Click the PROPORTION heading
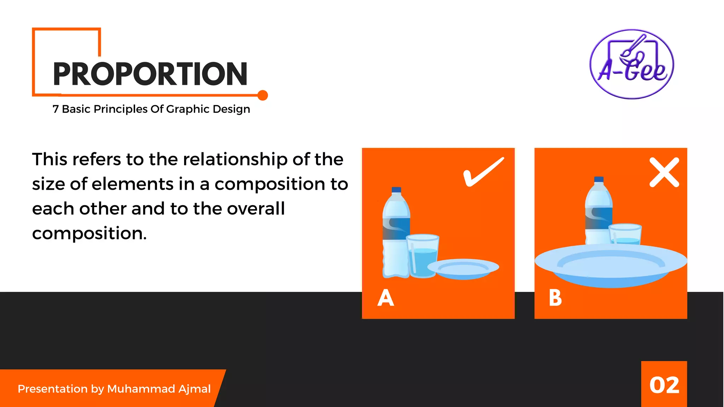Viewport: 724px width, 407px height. coord(150,74)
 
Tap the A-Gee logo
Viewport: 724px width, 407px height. coord(632,64)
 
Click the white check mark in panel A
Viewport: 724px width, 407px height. coord(483,172)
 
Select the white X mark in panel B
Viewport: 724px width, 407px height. coord(664,172)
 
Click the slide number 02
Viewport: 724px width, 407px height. coord(664,385)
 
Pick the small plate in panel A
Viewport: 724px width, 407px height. coord(463,269)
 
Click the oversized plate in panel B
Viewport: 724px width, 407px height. coord(611,265)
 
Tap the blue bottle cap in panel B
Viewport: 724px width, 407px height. coord(599,179)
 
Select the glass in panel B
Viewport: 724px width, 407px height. coord(625,234)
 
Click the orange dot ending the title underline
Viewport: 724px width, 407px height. coord(263,95)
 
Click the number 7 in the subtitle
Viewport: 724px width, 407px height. coord(56,109)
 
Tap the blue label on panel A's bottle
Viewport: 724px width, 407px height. coord(396,229)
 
